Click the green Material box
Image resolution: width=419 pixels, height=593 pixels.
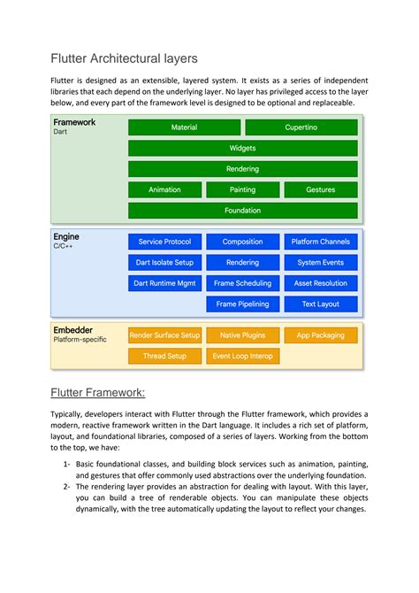pos(184,127)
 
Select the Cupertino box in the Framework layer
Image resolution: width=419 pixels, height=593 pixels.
pos(301,127)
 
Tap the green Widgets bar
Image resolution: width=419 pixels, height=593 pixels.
pos(242,149)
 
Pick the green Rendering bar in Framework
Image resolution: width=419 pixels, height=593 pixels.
pos(242,169)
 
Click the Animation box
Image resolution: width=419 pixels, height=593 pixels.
pos(164,189)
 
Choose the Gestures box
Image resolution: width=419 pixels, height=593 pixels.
pos(320,189)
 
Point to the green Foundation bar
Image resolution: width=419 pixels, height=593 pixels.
pos(242,211)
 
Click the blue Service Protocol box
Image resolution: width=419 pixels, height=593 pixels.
pos(164,242)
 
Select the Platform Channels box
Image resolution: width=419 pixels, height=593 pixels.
pos(320,242)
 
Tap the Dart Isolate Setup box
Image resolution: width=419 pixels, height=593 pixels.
pos(164,262)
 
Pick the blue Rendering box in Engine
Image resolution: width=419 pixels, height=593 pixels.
pos(242,262)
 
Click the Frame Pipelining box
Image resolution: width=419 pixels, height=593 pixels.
pos(242,304)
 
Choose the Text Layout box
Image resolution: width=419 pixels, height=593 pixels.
pos(320,304)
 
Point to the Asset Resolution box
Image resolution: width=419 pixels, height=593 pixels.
pos(320,283)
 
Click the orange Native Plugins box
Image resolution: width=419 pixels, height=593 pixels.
pos(242,335)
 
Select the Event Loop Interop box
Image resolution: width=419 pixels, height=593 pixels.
pos(242,356)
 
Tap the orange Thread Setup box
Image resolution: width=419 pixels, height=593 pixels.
pos(164,356)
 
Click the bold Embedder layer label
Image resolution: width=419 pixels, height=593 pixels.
pos(73,330)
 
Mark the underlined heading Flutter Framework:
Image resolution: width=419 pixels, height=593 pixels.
pos(98,392)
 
